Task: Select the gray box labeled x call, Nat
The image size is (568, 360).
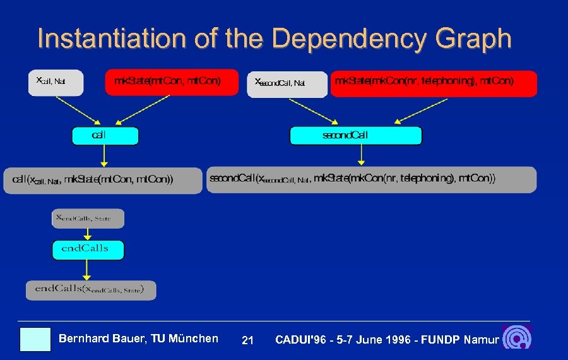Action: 56,82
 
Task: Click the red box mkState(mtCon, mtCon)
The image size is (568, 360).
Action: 172,82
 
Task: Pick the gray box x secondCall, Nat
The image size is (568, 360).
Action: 287,84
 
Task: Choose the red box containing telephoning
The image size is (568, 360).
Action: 434,83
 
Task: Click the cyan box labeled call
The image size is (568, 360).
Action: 105,136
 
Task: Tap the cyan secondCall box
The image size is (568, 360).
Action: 355,136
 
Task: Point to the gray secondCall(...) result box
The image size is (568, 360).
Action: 371,179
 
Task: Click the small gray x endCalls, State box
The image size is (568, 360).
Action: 88,219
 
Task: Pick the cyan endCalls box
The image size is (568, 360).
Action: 88,249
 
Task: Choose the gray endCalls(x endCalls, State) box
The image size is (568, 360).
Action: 91,290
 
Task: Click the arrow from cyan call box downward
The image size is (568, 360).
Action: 105,156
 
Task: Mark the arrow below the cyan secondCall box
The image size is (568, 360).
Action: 361,155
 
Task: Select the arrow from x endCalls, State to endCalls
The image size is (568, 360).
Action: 88,234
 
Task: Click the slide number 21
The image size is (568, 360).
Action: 247,340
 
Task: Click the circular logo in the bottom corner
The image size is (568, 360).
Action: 517,339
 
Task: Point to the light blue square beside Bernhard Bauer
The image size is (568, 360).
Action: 35,339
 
